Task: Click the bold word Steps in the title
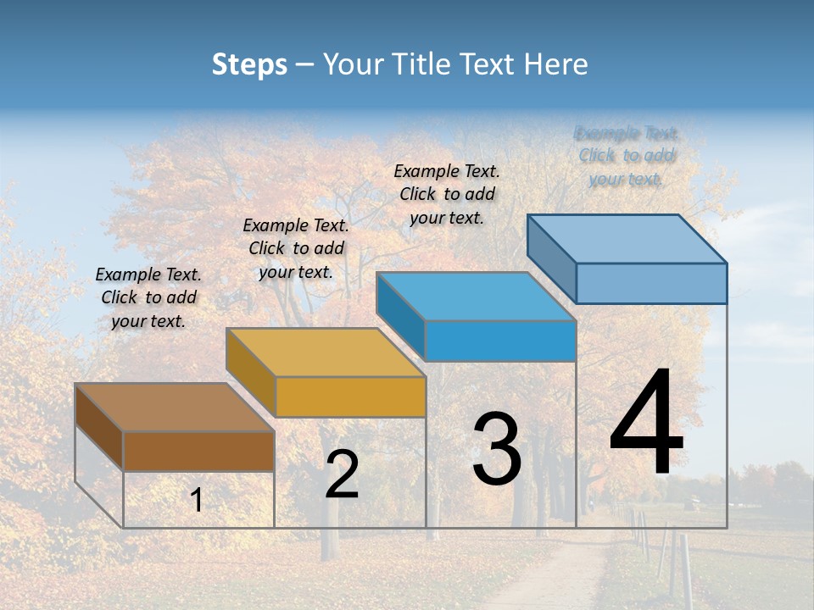click(x=249, y=64)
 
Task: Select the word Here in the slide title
click(x=555, y=64)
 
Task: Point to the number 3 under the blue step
click(x=497, y=449)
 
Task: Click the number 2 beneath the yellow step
click(x=342, y=475)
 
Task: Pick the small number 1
click(x=197, y=501)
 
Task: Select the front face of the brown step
click(x=198, y=452)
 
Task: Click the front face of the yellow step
click(x=350, y=396)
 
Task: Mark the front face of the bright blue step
click(x=500, y=341)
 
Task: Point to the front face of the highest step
click(x=651, y=283)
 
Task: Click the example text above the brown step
click(x=148, y=297)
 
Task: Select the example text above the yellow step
click(x=296, y=248)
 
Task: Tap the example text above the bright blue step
click(x=447, y=194)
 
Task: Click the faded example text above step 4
click(x=627, y=156)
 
